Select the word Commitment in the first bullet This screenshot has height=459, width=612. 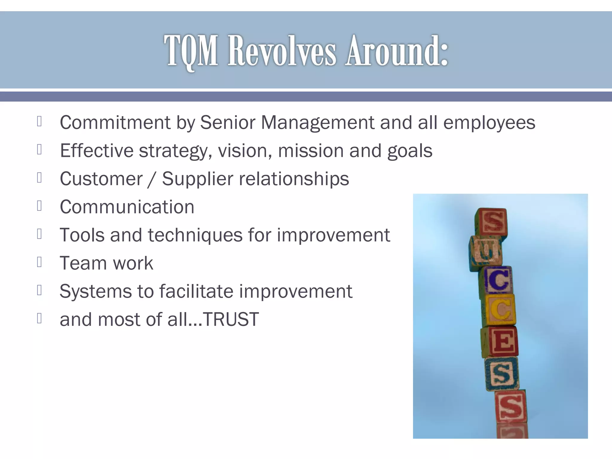115,123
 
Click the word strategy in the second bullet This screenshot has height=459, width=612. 173,151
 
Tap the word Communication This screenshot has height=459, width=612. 127,207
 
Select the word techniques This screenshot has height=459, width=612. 195,235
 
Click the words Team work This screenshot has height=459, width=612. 106,263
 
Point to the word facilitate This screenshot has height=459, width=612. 196,291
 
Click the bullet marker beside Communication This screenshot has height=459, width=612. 39,206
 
